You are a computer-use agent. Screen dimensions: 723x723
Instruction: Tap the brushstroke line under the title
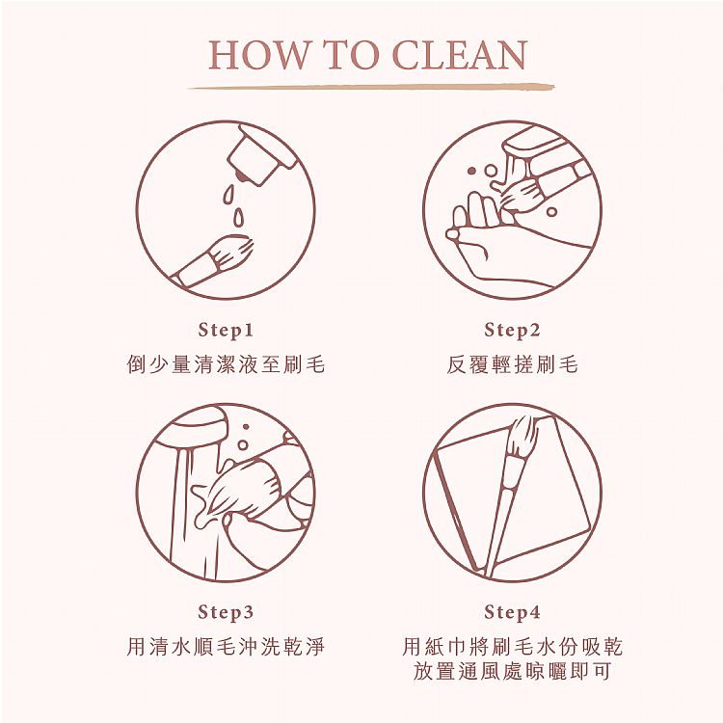click(x=371, y=87)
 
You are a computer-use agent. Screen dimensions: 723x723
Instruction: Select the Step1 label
click(x=226, y=330)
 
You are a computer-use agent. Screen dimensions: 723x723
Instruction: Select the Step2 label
click(x=512, y=330)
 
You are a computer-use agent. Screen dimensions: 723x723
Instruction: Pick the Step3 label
click(x=226, y=612)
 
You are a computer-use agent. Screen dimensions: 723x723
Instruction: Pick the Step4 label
click(x=512, y=612)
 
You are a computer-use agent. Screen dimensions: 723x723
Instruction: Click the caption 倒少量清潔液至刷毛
click(x=226, y=364)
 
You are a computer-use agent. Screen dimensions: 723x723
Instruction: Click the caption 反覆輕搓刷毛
click(x=512, y=364)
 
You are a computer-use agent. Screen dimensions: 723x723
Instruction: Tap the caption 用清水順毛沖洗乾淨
click(x=226, y=646)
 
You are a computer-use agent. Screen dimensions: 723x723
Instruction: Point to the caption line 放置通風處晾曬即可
click(x=512, y=670)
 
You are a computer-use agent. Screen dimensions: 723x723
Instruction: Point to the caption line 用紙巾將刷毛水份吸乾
click(x=512, y=646)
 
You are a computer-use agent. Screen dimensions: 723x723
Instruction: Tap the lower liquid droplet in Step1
click(x=238, y=218)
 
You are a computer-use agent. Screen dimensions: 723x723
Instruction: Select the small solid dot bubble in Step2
click(x=471, y=171)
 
